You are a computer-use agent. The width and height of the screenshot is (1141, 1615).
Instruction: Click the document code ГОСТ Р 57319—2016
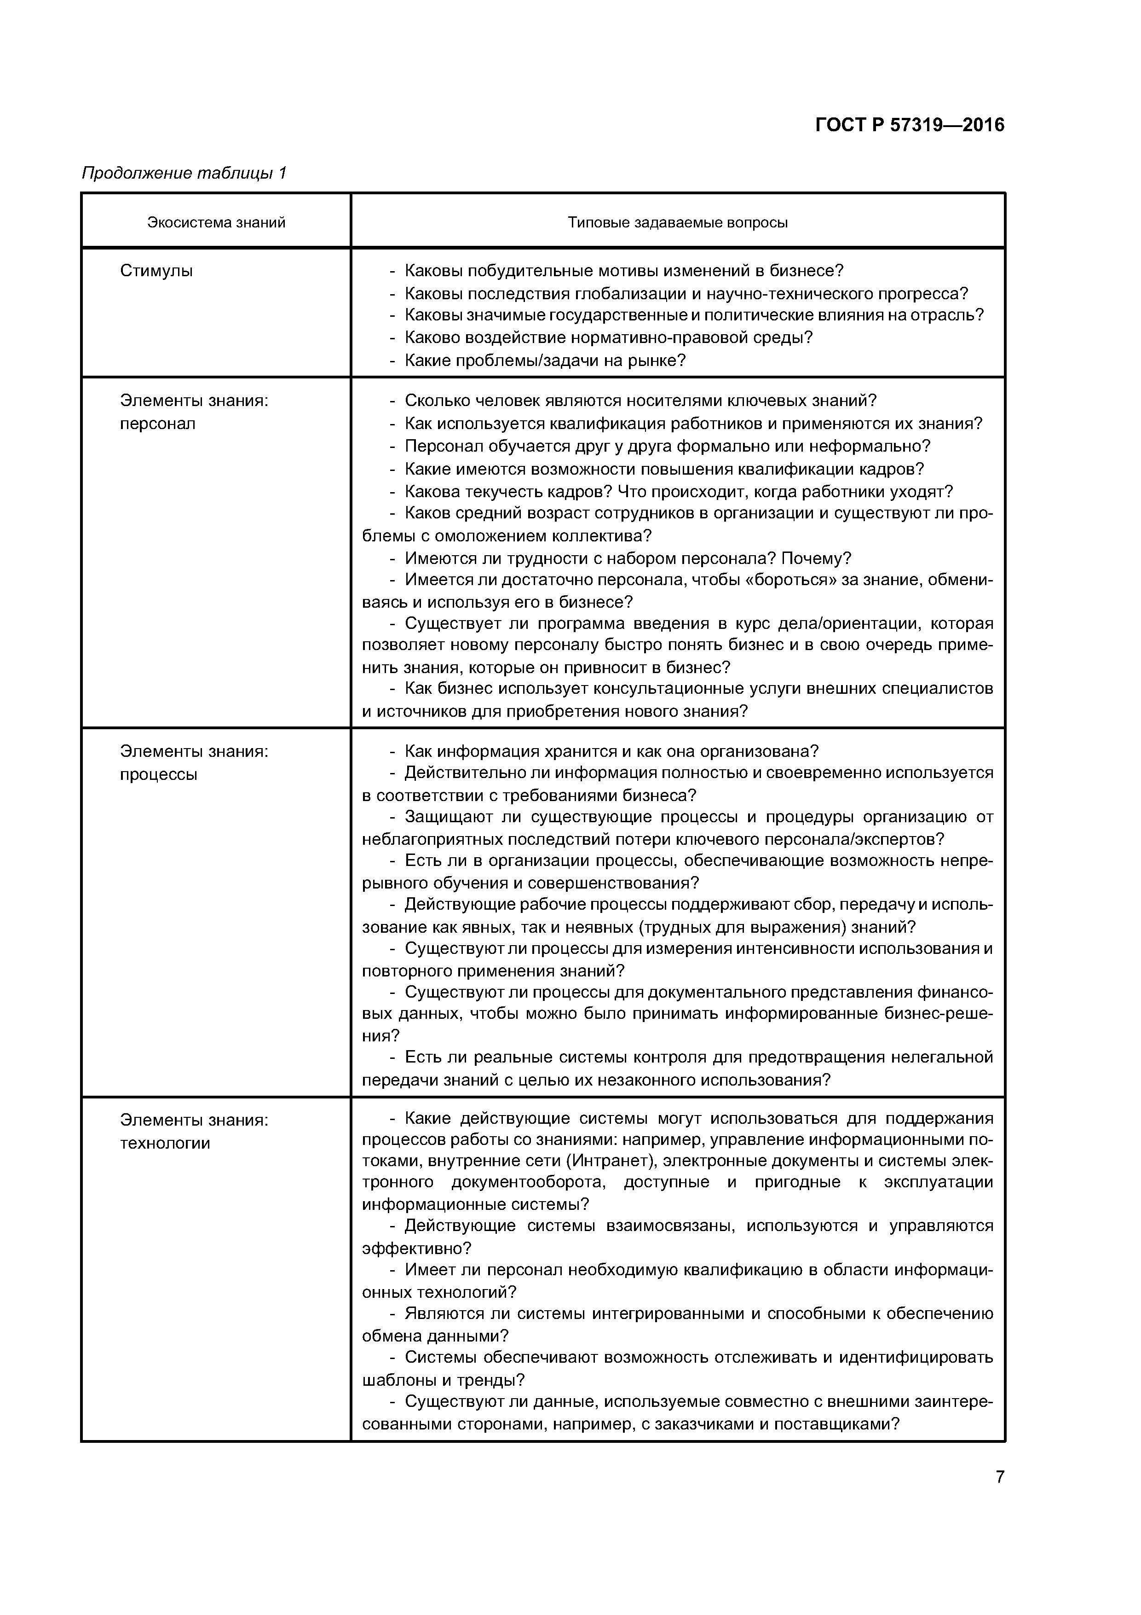[910, 125]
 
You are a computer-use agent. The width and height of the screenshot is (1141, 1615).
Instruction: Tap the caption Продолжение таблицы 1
[184, 173]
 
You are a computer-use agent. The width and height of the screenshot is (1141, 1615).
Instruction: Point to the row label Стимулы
[156, 271]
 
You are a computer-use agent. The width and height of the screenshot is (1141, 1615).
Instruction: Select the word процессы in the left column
[158, 774]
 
